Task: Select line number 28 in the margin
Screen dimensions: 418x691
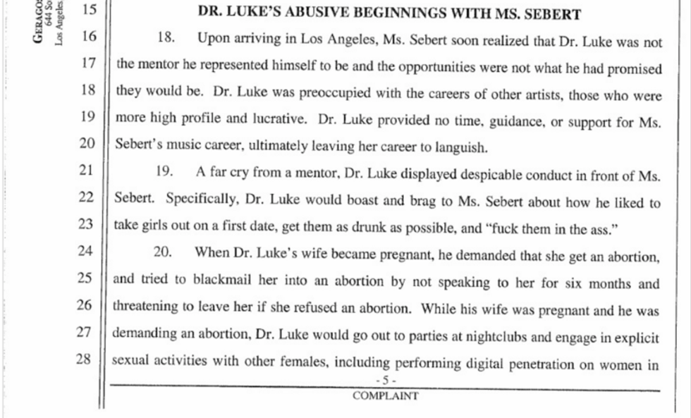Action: point(85,359)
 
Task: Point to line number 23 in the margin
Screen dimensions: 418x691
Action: point(85,224)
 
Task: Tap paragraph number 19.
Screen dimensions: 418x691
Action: point(166,171)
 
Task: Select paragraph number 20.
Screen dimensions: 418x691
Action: point(166,252)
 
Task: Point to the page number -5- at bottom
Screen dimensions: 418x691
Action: point(386,381)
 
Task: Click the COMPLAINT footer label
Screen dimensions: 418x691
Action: point(385,396)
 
